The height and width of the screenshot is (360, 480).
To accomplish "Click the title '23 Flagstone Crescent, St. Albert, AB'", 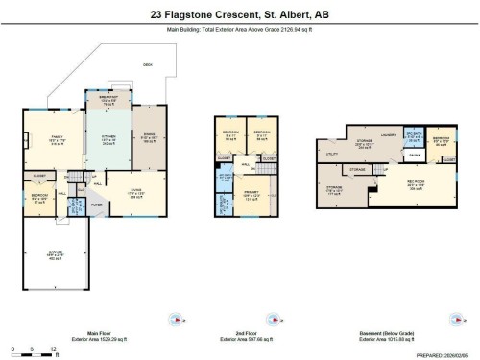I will coord(239,14).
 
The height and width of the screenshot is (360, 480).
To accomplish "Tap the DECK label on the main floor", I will coord(147,64).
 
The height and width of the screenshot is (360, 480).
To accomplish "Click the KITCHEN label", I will coord(108,137).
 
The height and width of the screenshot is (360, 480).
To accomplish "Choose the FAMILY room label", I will coord(57,137).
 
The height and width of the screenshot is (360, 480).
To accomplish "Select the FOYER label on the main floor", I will coord(97,204).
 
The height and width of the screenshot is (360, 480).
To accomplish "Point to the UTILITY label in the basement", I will coord(332,153).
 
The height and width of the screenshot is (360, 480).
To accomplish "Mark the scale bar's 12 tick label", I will coord(53,348).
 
